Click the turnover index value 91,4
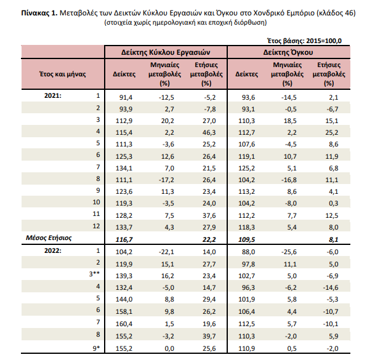[126, 97]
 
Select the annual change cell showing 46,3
[209, 132]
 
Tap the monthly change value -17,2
[166, 180]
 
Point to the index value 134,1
[124, 168]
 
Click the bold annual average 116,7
[124, 239]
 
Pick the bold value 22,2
[209, 239]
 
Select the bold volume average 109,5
[246, 239]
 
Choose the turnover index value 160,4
[124, 324]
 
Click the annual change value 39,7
[209, 336]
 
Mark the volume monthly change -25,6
[289, 252]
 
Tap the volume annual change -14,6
[331, 287]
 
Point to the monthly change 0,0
[169, 348]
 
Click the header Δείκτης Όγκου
[288, 52]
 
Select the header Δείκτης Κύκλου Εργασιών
[166, 52]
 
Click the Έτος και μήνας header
[63, 74]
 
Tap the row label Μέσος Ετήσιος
[49, 238]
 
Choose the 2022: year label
[53, 250]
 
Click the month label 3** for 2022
[94, 274]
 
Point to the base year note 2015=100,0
[324, 41]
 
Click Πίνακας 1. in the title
[39, 13]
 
